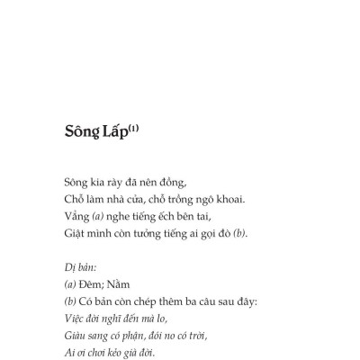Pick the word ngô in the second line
tap(202, 199)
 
